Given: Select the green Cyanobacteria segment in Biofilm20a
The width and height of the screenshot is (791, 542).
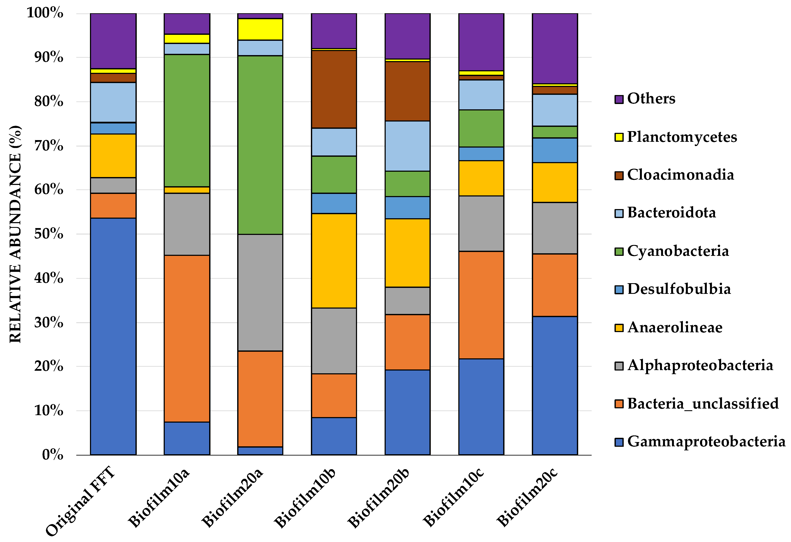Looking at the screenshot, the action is point(260,145).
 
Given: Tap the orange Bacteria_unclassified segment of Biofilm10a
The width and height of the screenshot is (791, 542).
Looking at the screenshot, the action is point(187,338).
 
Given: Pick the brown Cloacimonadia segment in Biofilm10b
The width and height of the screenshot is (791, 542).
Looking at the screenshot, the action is point(334,89).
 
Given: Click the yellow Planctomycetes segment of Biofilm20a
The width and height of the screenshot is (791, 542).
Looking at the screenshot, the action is point(260,29).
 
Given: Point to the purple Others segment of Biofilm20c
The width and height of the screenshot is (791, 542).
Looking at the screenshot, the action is point(555,49).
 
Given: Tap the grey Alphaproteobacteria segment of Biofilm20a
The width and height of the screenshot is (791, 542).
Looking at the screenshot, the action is point(260,293).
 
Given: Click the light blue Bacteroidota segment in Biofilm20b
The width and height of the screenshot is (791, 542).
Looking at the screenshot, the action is point(407,146).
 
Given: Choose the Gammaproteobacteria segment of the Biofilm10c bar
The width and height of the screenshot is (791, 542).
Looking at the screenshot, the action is point(481,407).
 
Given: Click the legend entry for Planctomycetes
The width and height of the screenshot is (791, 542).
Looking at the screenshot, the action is point(676,137).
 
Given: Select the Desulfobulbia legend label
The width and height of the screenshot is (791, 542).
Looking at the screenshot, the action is point(679,289).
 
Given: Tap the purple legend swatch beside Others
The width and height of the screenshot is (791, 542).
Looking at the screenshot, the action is point(619,99).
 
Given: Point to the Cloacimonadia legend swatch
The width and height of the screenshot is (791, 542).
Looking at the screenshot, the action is point(619,176).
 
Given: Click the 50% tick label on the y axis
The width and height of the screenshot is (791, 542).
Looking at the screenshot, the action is point(49,234).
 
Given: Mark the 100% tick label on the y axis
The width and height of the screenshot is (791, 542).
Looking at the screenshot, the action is point(45,13).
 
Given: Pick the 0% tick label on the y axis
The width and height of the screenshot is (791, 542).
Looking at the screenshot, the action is point(53,455).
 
